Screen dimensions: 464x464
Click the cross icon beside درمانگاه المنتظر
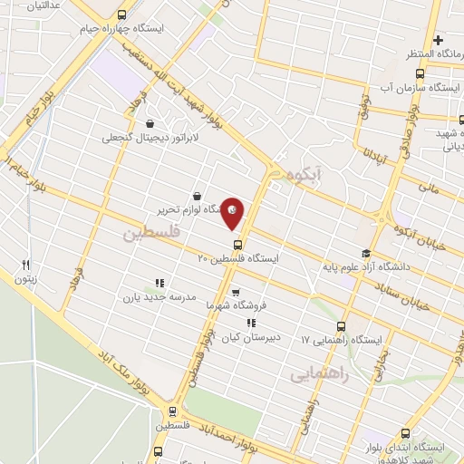click(438, 41)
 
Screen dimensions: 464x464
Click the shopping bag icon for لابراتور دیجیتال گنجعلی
click(149, 125)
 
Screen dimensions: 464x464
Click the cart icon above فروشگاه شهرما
click(236, 293)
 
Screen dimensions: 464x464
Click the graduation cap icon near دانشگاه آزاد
click(365, 253)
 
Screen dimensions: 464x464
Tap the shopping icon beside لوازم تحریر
click(197, 195)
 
